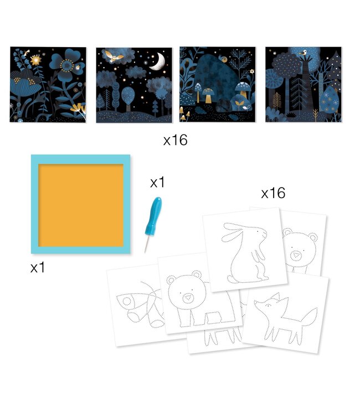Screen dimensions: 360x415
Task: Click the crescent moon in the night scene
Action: tap(159, 62)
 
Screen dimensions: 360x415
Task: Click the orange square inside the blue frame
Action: tap(81, 205)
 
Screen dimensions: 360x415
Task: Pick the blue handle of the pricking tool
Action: tap(153, 215)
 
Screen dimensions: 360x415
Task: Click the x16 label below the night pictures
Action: tap(176, 141)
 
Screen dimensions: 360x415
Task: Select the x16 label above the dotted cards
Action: tap(273, 193)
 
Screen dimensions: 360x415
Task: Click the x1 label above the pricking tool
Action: tap(157, 183)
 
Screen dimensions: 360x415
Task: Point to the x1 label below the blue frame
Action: tap(38, 268)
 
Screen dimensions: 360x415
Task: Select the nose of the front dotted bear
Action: tap(188, 298)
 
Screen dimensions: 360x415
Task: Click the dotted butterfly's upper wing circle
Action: tap(127, 301)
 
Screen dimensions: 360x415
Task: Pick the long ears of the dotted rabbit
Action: tap(234, 231)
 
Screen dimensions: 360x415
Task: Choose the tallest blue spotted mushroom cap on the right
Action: tap(243, 86)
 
